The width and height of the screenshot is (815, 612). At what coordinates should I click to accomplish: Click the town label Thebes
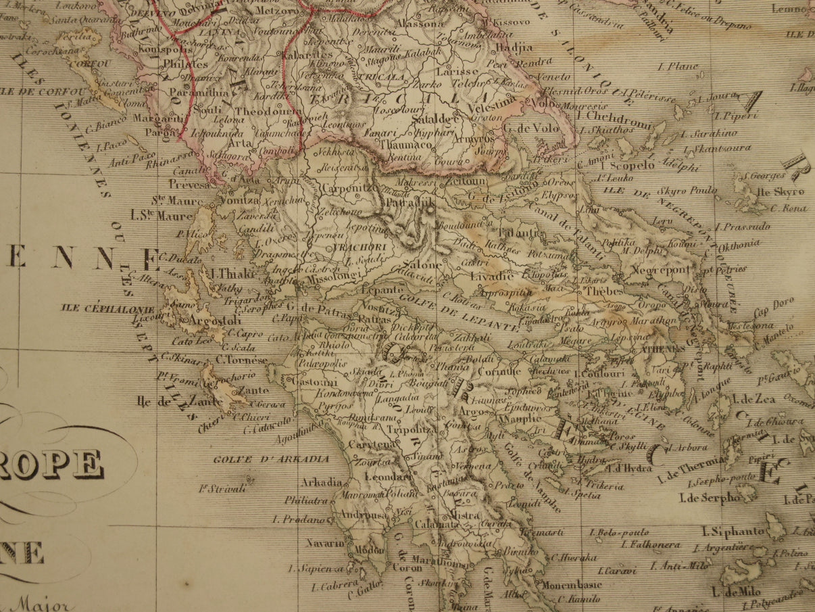pyautogui.click(x=596, y=291)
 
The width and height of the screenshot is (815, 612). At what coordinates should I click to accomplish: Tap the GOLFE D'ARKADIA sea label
pyautogui.click(x=271, y=459)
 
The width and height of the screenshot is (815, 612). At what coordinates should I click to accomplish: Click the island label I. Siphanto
pyautogui.click(x=733, y=532)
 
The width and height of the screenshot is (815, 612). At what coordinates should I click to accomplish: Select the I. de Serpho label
pyautogui.click(x=710, y=499)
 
